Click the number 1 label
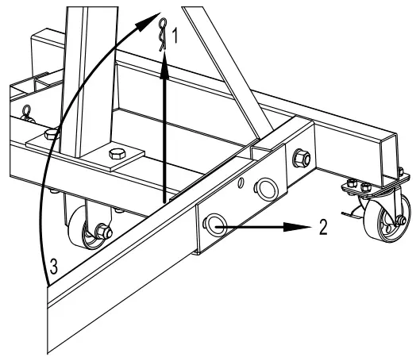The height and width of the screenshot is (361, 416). (x=178, y=36)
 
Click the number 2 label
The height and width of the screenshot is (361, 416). (x=321, y=225)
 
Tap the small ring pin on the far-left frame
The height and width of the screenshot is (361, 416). (x=25, y=110)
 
